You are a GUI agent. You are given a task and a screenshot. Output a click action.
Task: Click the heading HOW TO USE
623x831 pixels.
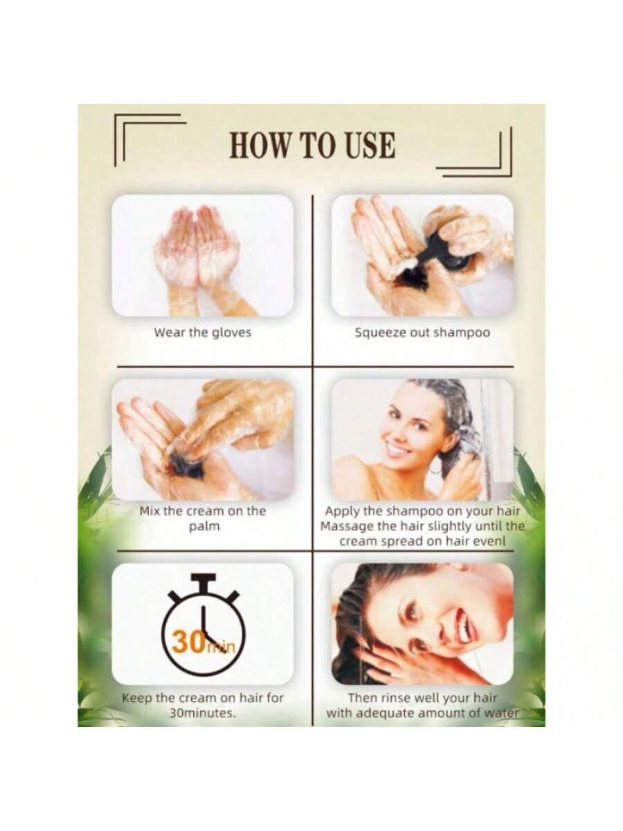312,145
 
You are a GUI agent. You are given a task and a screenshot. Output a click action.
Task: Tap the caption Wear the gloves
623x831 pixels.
203,333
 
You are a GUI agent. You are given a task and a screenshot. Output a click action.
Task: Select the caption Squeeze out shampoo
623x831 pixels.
422,333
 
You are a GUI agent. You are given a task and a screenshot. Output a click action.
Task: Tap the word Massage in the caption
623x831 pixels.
347,526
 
